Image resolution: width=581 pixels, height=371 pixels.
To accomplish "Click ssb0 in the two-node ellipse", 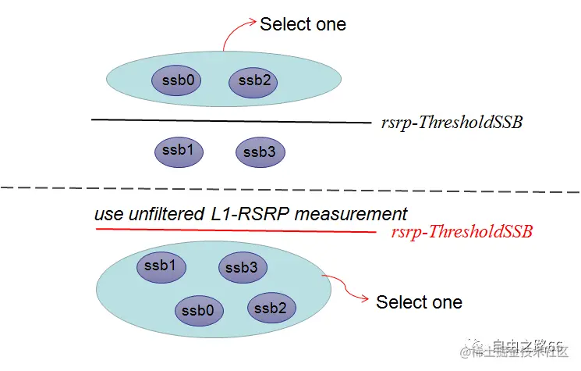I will (175, 80).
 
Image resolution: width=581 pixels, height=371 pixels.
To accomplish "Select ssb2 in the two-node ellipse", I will (253, 80).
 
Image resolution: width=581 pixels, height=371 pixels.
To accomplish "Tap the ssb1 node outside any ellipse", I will (179, 151).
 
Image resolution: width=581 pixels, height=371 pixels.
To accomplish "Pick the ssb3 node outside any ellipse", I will (260, 152).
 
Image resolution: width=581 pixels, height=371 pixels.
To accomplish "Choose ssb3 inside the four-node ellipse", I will (242, 268).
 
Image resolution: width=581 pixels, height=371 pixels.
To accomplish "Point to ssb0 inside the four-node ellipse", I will (199, 310).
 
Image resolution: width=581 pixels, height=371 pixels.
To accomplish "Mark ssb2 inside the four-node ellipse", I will (271, 308).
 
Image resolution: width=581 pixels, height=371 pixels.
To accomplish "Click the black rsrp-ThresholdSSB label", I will (452, 123).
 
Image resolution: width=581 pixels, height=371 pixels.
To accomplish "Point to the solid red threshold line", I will (234, 230).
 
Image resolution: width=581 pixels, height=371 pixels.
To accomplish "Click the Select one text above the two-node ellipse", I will (303, 24).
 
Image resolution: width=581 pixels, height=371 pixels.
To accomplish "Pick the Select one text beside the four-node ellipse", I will (419, 302).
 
